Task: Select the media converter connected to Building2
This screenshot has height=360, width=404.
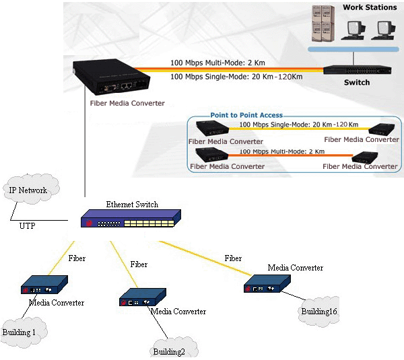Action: [142, 298]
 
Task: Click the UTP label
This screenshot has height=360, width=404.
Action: [27, 226]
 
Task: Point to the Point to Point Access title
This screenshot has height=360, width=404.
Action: [246, 115]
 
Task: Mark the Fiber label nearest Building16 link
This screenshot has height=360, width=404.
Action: [233, 258]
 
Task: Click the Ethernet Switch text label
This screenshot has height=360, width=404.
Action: [131, 204]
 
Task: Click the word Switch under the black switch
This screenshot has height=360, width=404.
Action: [357, 83]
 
